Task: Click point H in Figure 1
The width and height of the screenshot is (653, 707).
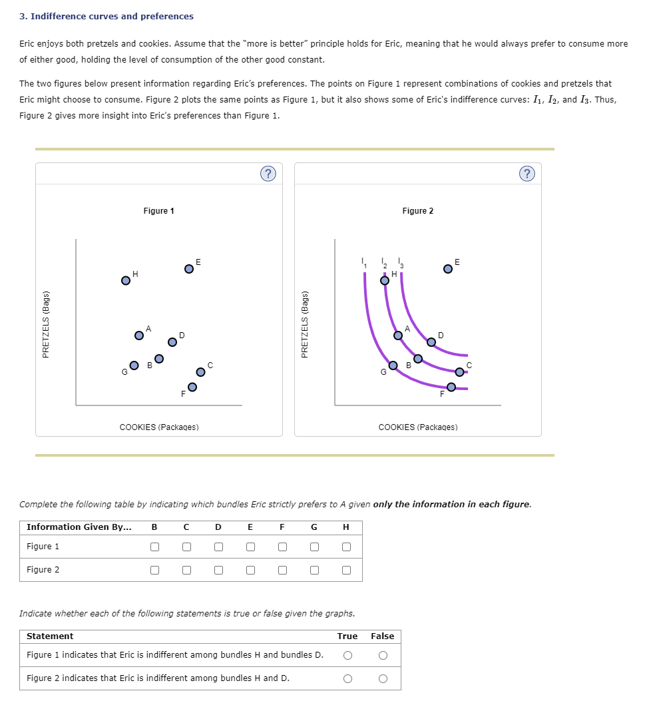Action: pyautogui.click(x=125, y=280)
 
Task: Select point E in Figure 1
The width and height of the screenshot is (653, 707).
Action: pyautogui.click(x=189, y=268)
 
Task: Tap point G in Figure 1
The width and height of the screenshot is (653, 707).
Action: pyautogui.click(x=134, y=365)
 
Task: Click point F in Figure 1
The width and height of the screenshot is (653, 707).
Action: pyautogui.click(x=192, y=387)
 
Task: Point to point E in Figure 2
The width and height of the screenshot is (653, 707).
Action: pyautogui.click(x=448, y=268)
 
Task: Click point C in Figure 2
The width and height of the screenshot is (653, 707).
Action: pyautogui.click(x=459, y=371)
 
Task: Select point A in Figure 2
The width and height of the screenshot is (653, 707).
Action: pyautogui.click(x=398, y=336)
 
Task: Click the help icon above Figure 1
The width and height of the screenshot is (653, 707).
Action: pyautogui.click(x=267, y=174)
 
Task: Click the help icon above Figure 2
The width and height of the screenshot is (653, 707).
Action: pyautogui.click(x=526, y=174)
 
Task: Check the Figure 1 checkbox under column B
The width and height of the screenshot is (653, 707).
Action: pyautogui.click(x=154, y=547)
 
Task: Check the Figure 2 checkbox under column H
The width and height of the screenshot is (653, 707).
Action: pyautogui.click(x=345, y=571)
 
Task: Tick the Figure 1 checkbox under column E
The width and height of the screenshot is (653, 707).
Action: pyautogui.click(x=250, y=547)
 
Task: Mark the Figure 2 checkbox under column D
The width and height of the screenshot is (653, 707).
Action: pyautogui.click(x=218, y=571)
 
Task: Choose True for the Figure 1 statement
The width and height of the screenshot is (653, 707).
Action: pyautogui.click(x=347, y=655)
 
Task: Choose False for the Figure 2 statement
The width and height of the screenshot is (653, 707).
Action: pyautogui.click(x=382, y=678)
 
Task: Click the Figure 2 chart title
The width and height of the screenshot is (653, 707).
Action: pyautogui.click(x=417, y=211)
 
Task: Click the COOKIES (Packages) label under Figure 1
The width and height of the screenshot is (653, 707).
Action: pyautogui.click(x=158, y=427)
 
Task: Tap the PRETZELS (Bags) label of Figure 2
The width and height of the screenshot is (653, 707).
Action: pyautogui.click(x=305, y=324)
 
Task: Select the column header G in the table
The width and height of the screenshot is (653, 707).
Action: pyautogui.click(x=314, y=527)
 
